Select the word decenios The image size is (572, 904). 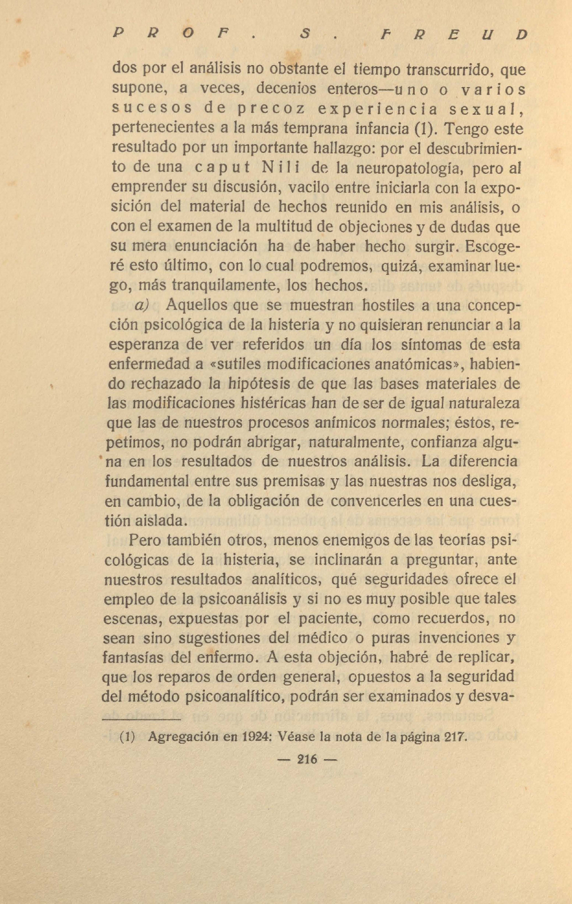286,89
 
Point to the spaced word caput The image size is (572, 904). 223,168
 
